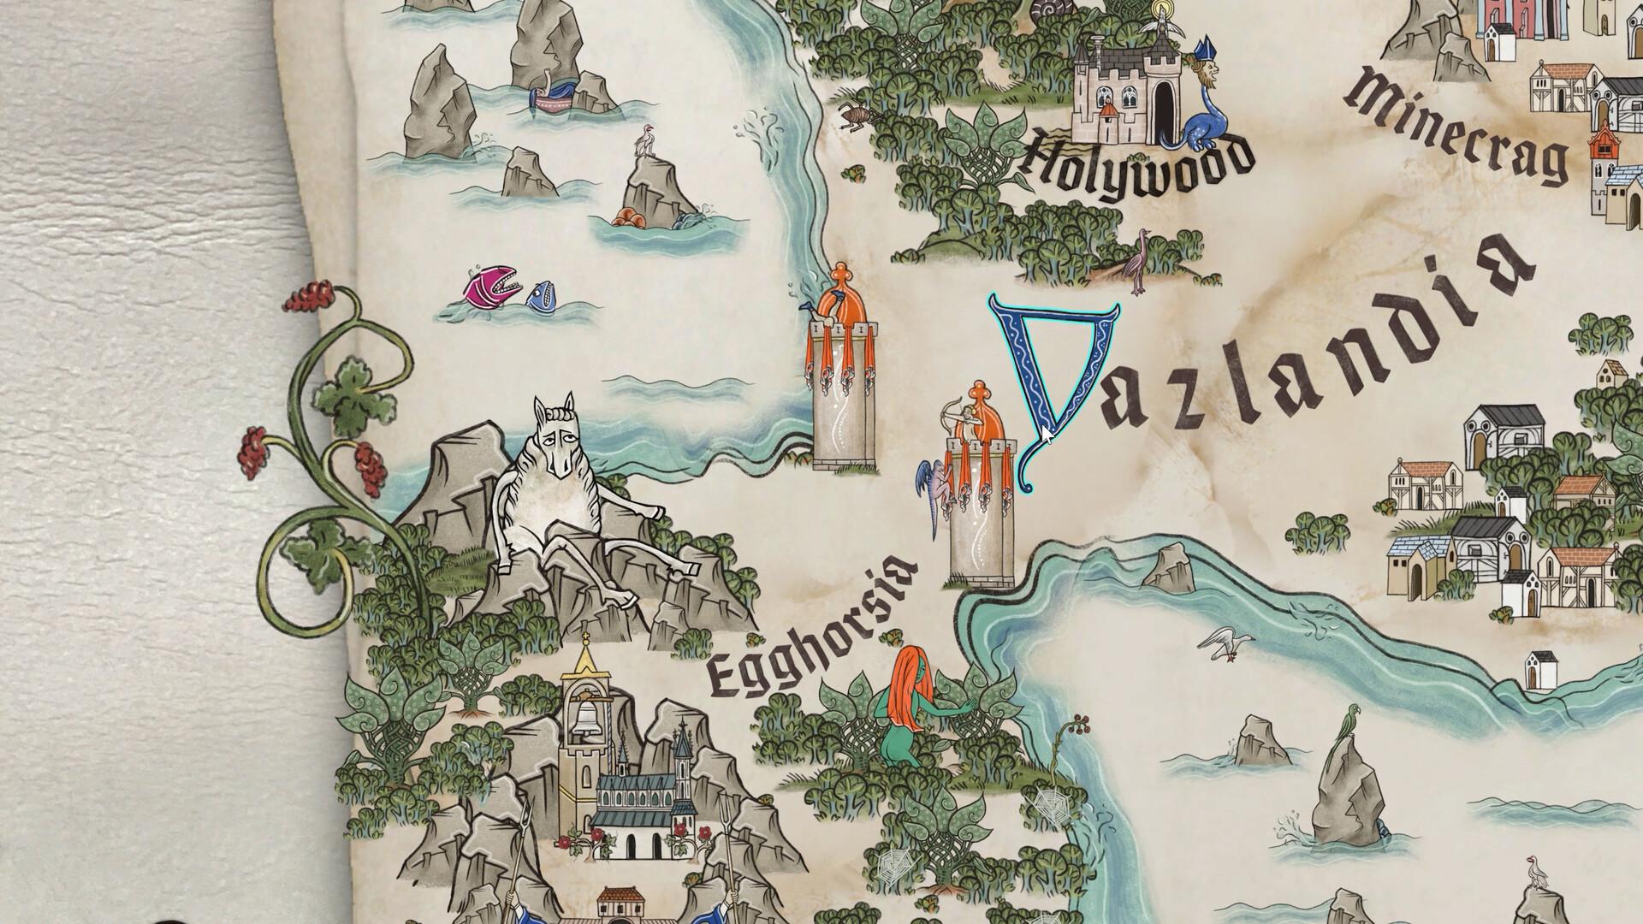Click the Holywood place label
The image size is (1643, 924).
click(x=1138, y=167)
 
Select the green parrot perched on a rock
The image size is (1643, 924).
click(x=1351, y=720)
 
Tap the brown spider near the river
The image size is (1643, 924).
click(x=853, y=116)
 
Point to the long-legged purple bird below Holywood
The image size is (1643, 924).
click(x=1139, y=257)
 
